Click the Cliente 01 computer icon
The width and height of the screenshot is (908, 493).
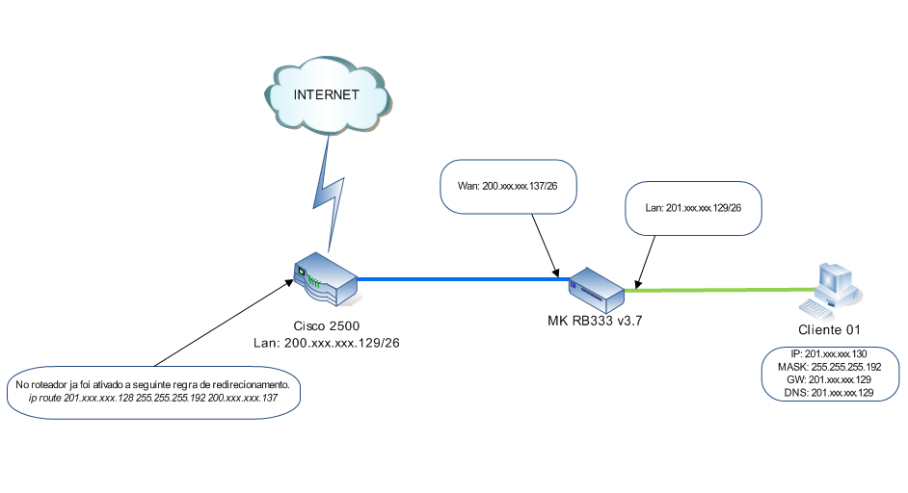[830, 289]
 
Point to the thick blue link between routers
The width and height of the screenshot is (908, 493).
[463, 279]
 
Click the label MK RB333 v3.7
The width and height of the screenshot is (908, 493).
[589, 321]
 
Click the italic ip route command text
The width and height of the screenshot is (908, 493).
[159, 397]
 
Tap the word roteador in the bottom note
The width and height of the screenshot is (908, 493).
[54, 384]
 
